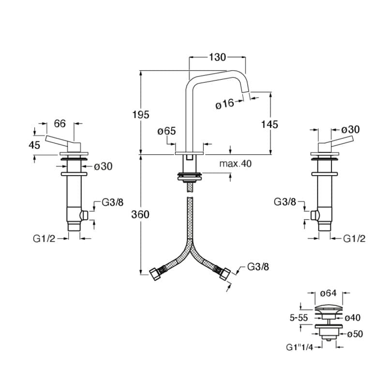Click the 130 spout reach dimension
218,57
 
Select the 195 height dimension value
141,115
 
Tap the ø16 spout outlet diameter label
225,104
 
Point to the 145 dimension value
270,124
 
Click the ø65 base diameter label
166,131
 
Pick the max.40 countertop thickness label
236,164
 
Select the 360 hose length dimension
141,214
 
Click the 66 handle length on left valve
60,123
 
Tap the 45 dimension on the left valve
34,145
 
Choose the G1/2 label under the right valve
354,238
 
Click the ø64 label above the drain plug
328,293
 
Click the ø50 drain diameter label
355,334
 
